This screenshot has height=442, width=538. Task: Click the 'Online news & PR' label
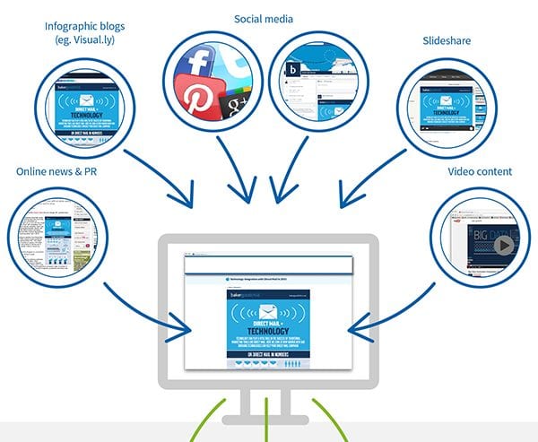point(56,171)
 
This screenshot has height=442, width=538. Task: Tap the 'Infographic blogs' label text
point(82,26)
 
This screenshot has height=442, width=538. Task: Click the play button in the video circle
point(503,245)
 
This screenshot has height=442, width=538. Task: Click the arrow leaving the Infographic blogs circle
point(161,175)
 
